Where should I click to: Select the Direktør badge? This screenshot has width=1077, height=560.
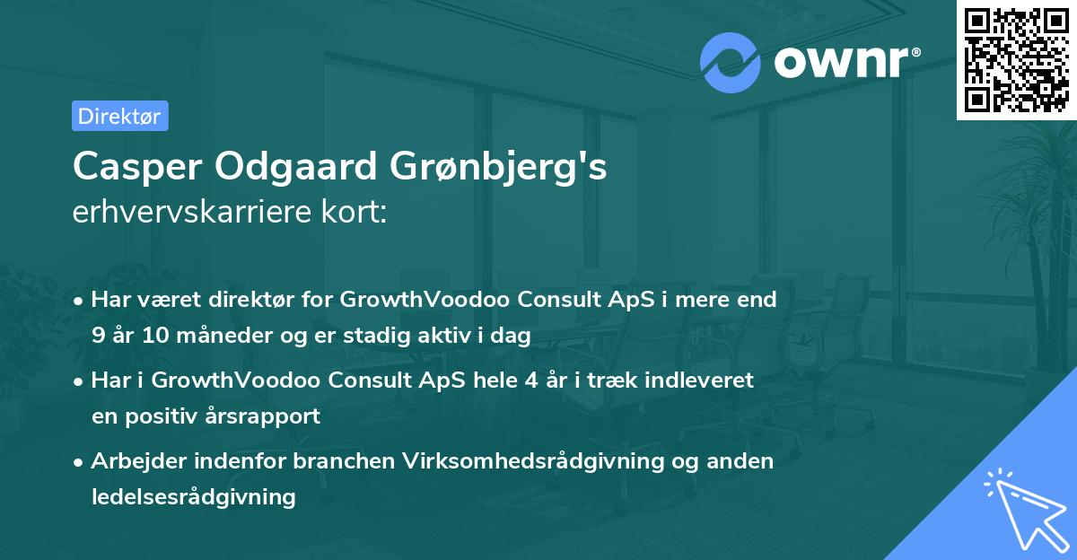click(119, 116)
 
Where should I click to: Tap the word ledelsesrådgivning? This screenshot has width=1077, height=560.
click(194, 496)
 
